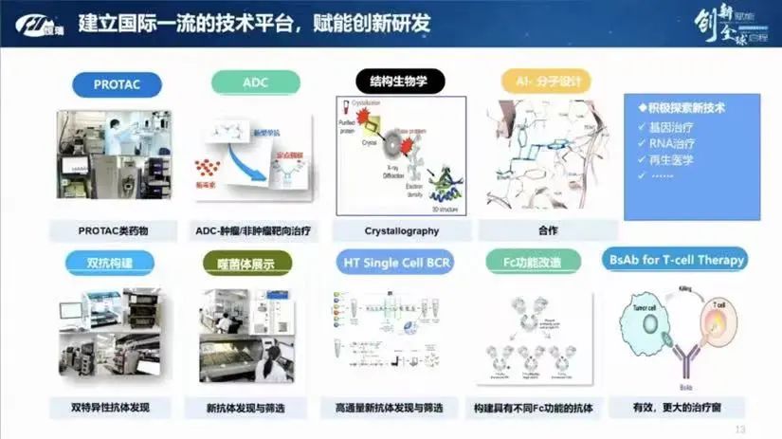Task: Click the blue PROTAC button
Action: pyautogui.click(x=117, y=84)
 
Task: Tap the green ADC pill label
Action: pyautogui.click(x=255, y=82)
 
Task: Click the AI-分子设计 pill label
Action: pyautogui.click(x=536, y=82)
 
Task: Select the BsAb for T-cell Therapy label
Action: pyautogui.click(x=674, y=258)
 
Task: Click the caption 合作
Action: pyautogui.click(x=547, y=230)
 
